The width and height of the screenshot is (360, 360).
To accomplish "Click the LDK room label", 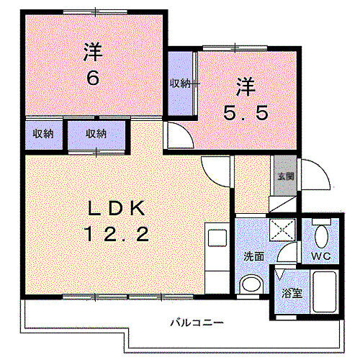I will (x=118, y=208).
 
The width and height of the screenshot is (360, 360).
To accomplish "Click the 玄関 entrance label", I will (x=282, y=176).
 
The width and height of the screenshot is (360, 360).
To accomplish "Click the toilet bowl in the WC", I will (x=322, y=237).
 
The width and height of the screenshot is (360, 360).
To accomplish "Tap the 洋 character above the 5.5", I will (x=246, y=88).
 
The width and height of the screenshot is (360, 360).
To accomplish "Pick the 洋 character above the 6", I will (x=92, y=52).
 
